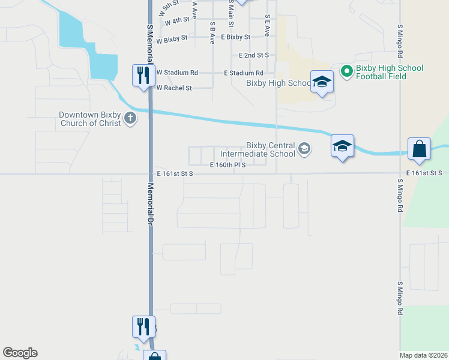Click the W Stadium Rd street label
pos(177,73)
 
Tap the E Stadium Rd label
pos(243,73)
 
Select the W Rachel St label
pos(174,88)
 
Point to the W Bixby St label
pos(172,41)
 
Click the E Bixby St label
pos(235,37)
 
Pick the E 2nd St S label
pos(253,55)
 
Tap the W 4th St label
pos(177,21)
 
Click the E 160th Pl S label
pos(228,164)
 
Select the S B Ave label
pos(212,33)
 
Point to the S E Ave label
pos(267,26)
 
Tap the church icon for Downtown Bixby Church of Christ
pos(130,119)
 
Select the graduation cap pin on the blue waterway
pos(342,146)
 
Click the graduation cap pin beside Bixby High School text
pos(322,82)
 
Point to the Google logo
pos(20,353)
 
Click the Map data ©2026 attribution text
pos(424,355)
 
